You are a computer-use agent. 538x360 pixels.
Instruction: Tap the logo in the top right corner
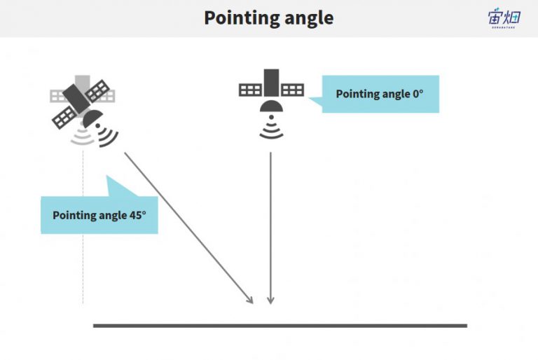click(504, 18)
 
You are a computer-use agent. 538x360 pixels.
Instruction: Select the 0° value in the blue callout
click(418, 94)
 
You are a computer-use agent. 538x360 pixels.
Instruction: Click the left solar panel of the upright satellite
click(251, 90)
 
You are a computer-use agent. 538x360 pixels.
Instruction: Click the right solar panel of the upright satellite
click(292, 90)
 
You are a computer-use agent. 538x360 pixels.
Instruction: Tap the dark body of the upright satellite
click(271, 83)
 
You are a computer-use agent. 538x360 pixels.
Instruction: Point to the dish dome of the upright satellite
click(271, 106)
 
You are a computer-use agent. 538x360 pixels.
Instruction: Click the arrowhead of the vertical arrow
click(270, 300)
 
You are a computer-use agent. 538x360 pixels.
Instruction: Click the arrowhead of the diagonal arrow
click(250, 300)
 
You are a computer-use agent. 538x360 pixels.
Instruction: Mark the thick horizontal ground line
click(280, 326)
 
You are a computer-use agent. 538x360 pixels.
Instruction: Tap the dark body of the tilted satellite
click(76, 98)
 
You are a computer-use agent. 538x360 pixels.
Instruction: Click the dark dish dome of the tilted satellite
click(92, 118)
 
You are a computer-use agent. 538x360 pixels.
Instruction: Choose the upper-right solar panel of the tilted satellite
click(97, 91)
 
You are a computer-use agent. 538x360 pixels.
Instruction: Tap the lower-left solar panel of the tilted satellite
click(64, 118)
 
